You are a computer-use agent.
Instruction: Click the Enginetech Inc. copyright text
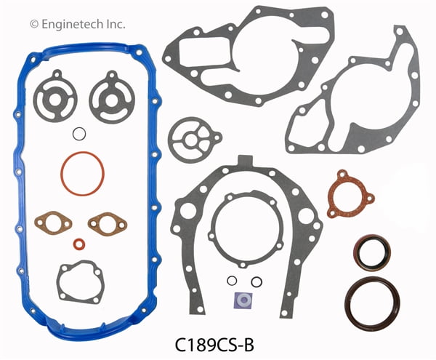pos(78,24)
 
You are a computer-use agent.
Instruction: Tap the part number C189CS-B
pos(214,345)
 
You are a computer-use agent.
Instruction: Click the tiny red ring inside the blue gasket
pos(79,244)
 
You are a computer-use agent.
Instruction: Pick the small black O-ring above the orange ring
pos(79,134)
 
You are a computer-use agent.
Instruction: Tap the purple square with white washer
pos(243,300)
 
